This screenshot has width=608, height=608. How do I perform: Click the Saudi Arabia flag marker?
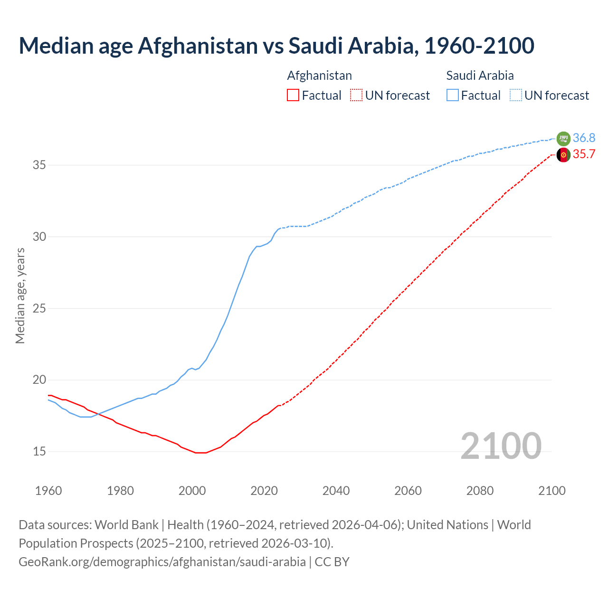click(x=563, y=139)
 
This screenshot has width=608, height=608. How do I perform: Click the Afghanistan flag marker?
click(x=563, y=155)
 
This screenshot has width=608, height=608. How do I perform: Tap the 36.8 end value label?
click(x=584, y=138)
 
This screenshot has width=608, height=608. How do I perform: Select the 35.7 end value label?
click(x=584, y=154)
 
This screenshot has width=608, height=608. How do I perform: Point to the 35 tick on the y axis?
click(x=39, y=165)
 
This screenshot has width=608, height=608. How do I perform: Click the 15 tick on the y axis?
click(x=39, y=451)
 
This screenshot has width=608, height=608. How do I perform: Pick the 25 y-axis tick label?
click(x=39, y=308)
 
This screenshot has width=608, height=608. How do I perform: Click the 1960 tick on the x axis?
click(x=48, y=491)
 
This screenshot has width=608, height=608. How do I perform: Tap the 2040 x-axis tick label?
click(x=336, y=491)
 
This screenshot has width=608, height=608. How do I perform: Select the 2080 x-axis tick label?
click(x=480, y=491)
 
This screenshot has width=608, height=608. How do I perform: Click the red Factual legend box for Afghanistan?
click(x=293, y=95)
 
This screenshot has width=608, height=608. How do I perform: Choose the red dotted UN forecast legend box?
click(x=356, y=95)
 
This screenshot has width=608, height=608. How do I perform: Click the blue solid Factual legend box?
click(x=452, y=95)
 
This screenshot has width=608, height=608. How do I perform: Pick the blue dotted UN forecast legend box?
click(x=515, y=95)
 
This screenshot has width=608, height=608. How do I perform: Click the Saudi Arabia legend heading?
click(x=480, y=76)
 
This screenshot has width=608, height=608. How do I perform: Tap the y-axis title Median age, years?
click(x=20, y=295)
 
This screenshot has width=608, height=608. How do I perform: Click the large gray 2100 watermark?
click(x=501, y=446)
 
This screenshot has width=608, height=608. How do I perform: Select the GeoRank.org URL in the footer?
click(x=162, y=561)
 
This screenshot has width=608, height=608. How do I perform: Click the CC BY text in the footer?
click(x=332, y=561)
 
